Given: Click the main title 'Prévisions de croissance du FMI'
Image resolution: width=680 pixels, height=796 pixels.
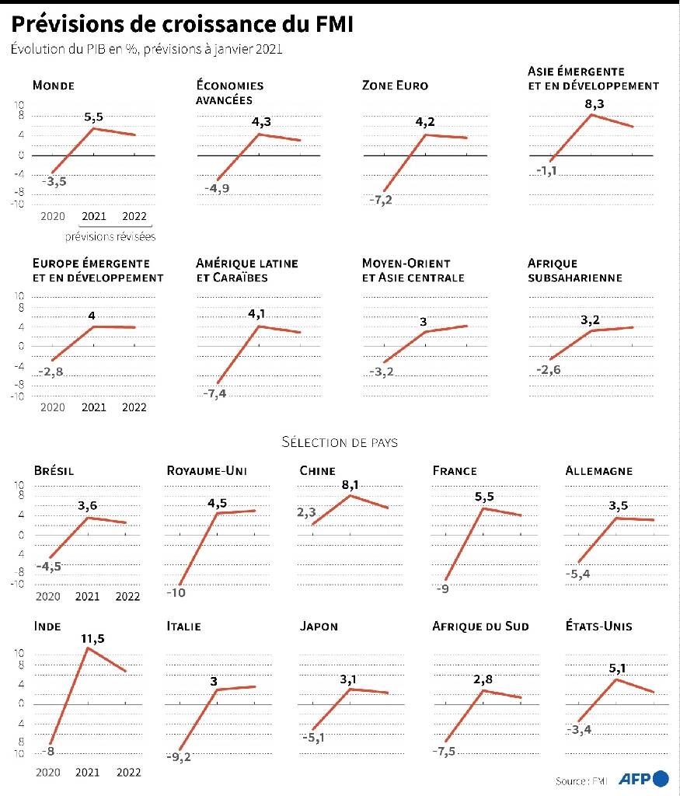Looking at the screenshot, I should pos(182,25).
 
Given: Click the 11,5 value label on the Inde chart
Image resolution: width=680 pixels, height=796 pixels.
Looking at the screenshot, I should pos(92,638).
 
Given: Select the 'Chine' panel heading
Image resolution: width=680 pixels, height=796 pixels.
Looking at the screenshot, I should pos(317,470).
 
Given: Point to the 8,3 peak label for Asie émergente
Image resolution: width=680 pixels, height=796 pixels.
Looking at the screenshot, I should pos(593,103).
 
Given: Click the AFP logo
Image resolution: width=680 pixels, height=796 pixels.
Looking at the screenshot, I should pos(643,779).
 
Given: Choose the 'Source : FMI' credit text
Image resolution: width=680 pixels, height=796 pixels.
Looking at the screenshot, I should pos(581,780).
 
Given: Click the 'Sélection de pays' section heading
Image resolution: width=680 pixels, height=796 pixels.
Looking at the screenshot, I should pos(340,442).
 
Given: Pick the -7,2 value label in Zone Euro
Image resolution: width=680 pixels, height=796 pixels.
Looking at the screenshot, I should pos(381,201).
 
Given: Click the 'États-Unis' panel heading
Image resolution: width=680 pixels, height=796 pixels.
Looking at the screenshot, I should pos(599,626).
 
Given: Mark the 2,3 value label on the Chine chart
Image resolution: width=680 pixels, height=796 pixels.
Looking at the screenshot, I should pos(307,512).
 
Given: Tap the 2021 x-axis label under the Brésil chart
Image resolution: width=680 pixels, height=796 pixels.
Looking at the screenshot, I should pos(87,596).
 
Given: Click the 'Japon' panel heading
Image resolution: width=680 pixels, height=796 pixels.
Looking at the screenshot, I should pos(319,626).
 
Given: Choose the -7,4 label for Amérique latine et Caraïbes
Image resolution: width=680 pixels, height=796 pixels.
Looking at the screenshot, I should pos(215,395).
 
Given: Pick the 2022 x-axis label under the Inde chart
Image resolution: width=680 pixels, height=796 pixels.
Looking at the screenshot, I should pos(127,772).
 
